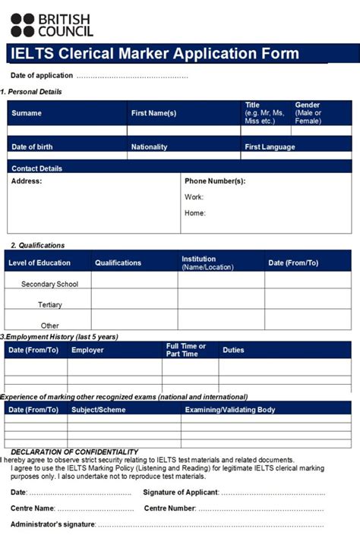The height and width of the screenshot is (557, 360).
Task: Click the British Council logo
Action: point(51,24)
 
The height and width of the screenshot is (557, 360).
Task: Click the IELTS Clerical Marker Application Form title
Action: point(154,54)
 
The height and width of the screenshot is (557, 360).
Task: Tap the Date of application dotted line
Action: point(132,76)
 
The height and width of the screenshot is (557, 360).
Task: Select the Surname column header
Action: point(27,113)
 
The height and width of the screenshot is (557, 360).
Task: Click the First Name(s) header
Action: point(153,113)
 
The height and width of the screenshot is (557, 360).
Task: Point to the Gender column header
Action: point(308,113)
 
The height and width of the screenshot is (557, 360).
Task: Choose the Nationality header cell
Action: point(149,147)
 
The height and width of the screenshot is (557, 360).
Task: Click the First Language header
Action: point(270,147)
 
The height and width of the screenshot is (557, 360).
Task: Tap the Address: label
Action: point(27,181)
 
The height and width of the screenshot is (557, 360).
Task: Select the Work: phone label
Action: point(194,197)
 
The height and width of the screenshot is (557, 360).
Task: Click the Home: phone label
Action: point(195,213)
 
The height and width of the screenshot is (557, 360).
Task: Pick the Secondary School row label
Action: point(49,284)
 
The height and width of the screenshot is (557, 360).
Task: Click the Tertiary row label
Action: point(49,304)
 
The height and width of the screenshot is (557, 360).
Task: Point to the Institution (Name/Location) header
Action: point(207,263)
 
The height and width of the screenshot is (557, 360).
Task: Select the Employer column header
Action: point(87,350)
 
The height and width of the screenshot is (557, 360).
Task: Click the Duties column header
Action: point(233,350)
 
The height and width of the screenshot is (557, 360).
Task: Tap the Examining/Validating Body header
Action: point(229,410)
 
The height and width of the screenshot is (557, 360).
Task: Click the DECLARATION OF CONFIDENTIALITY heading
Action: point(74,452)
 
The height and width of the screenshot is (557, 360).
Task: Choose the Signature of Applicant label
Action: point(181,492)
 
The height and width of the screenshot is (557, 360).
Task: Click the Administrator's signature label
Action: point(52,524)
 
